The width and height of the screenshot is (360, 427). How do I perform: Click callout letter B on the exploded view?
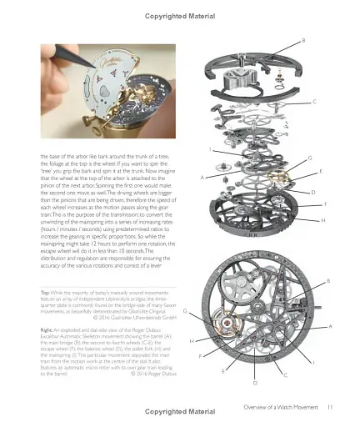(x=302, y=40)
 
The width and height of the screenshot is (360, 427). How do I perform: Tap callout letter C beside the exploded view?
(x=314, y=101)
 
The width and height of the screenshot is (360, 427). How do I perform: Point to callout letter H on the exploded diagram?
(x=322, y=220)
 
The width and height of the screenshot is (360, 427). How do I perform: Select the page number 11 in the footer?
(x=330, y=406)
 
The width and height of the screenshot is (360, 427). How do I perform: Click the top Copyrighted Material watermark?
(x=180, y=14)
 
